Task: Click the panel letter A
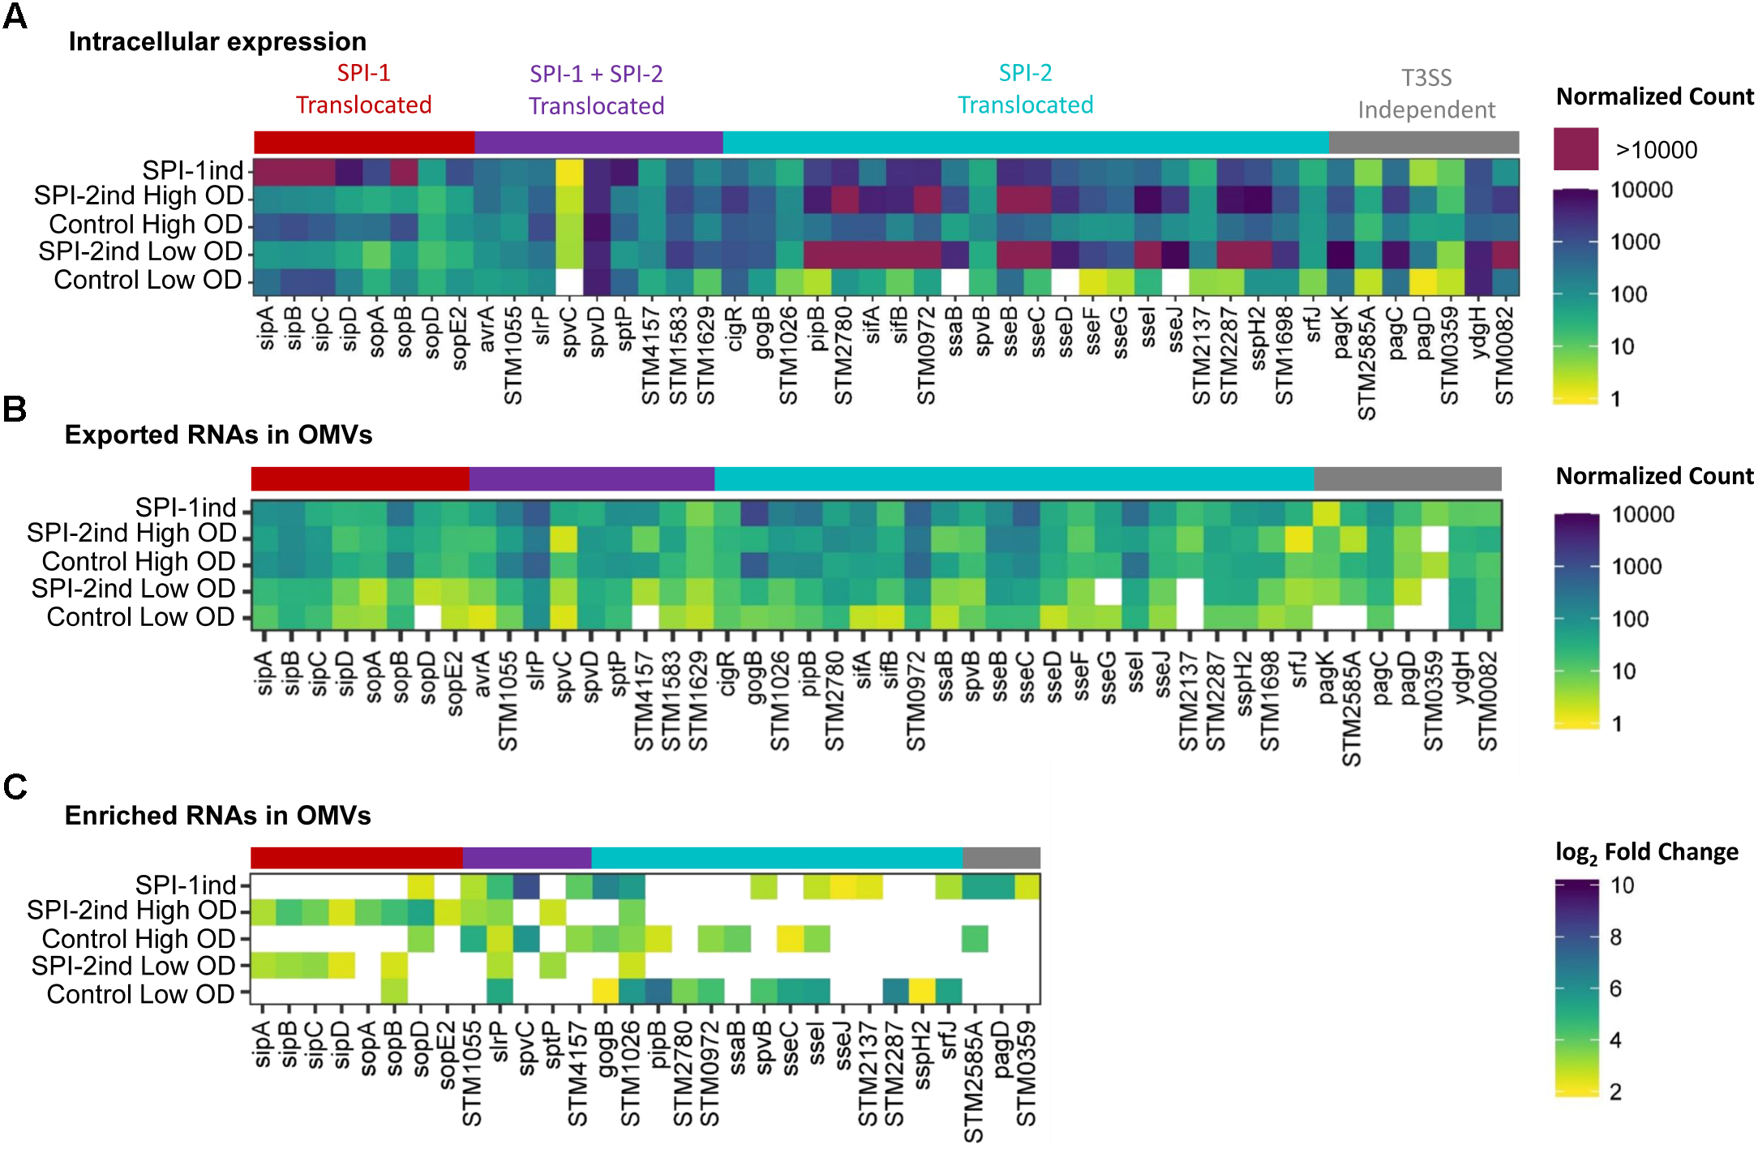[15, 16]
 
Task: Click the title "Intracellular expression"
[217, 41]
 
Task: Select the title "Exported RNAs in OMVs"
[218, 435]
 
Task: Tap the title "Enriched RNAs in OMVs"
[217, 815]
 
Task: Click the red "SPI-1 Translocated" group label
[363, 89]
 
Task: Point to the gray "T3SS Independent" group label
[1426, 93]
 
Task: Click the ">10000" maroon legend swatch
[1576, 148]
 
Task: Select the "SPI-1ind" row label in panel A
[193, 170]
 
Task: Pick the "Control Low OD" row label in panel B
[140, 617]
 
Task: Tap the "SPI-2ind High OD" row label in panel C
[131, 911]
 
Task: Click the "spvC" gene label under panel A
[569, 332]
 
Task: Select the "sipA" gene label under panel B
[264, 674]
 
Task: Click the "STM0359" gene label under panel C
[1027, 1074]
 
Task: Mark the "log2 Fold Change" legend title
[1646, 852]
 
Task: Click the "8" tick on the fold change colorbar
[1615, 937]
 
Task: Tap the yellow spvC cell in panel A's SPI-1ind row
[569, 171]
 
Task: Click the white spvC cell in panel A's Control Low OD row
[569, 281]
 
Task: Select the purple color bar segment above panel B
[592, 478]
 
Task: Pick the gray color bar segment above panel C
[1001, 858]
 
